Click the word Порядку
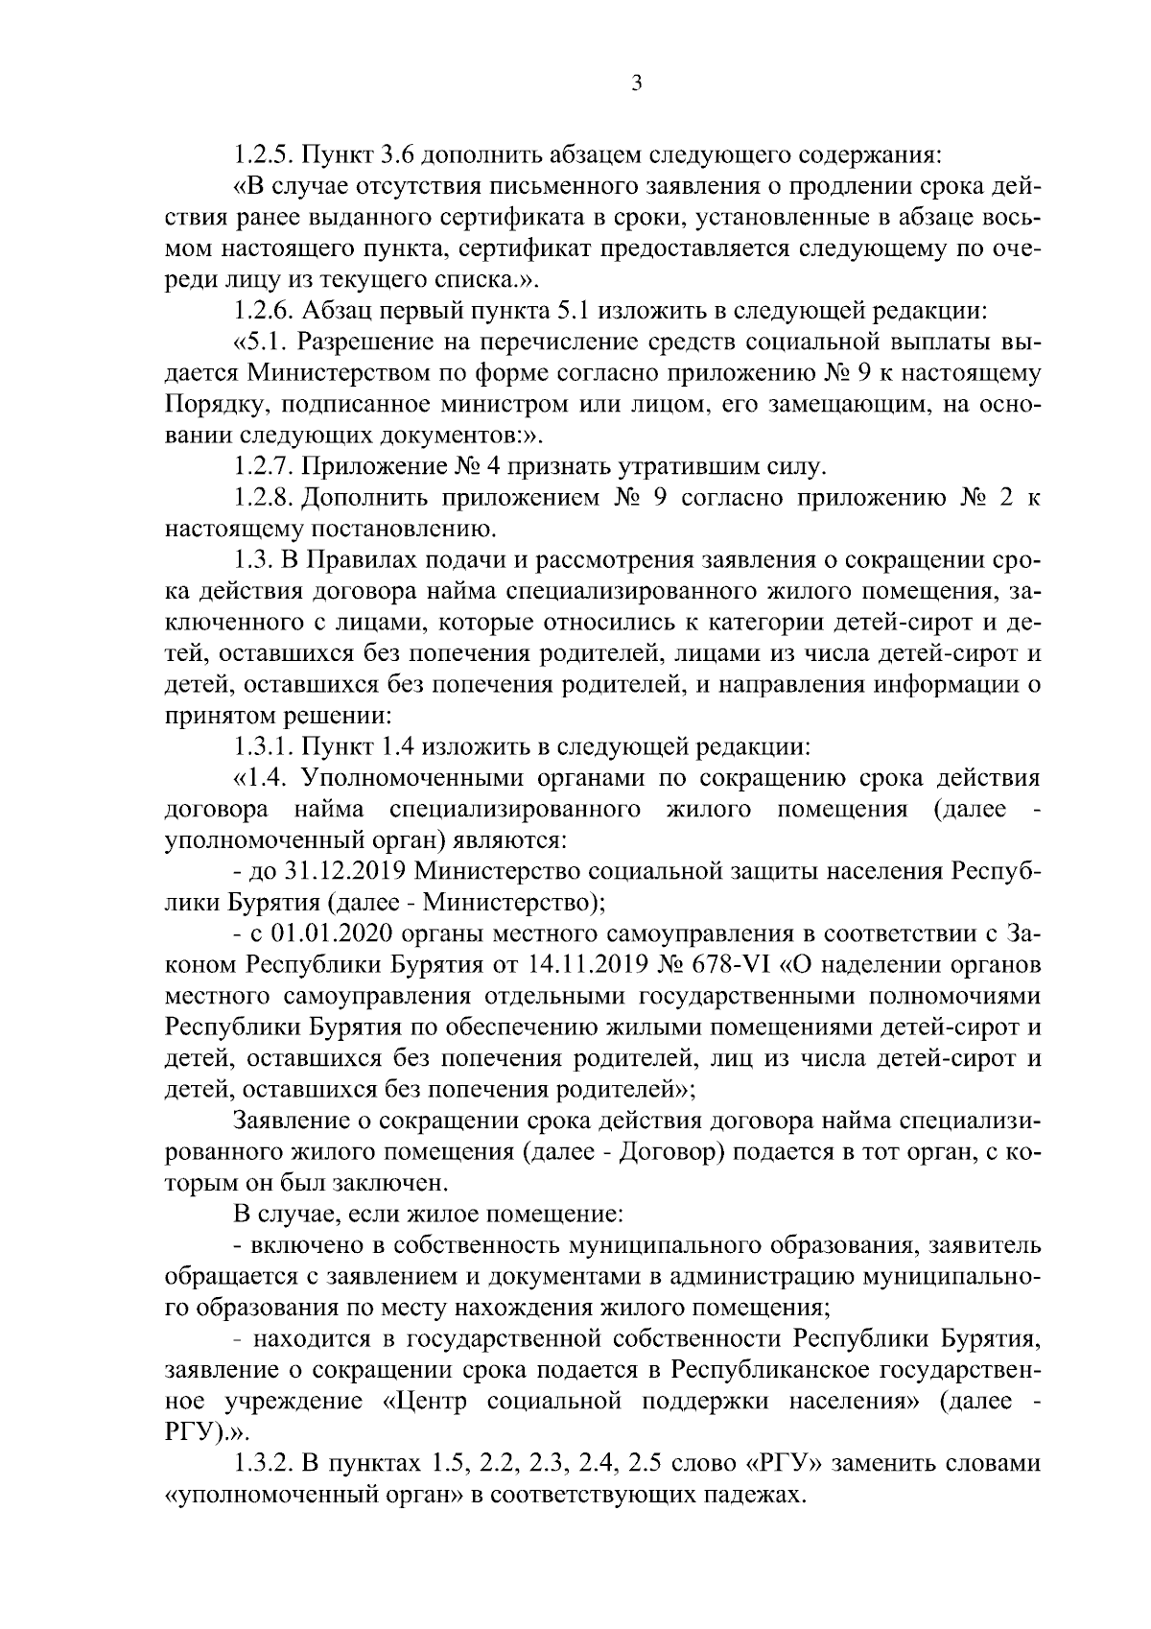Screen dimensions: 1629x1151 pyautogui.click(x=212, y=404)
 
